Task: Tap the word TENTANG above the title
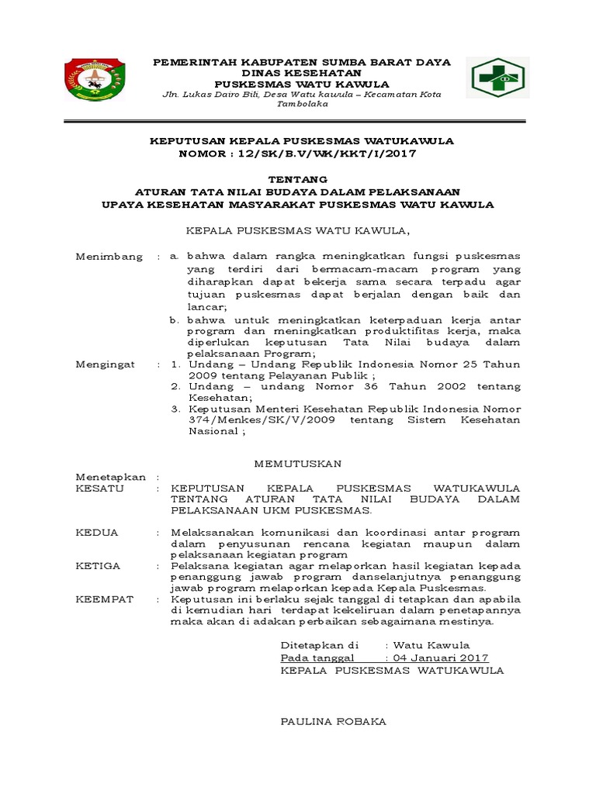tap(297, 180)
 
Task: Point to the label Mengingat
tap(106, 364)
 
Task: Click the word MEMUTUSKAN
tap(299, 464)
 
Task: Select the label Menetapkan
tap(110, 477)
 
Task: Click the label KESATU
tap(99, 489)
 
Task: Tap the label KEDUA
tap(97, 533)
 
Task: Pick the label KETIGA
tap(98, 566)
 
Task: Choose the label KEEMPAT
tap(104, 599)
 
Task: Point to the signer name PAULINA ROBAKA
tap(333, 721)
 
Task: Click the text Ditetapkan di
tap(320, 645)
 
